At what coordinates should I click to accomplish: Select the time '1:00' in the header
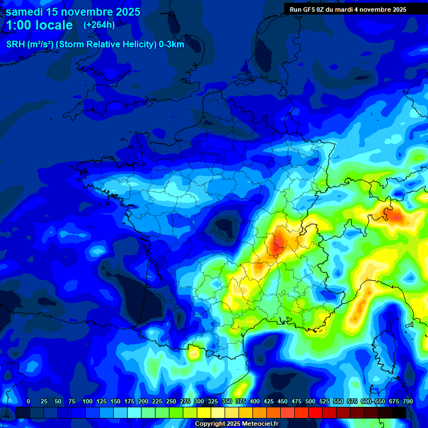(x=20, y=25)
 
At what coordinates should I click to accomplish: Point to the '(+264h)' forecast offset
(x=99, y=25)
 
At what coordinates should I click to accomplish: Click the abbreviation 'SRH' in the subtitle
(x=15, y=45)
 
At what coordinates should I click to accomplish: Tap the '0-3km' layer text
(x=172, y=45)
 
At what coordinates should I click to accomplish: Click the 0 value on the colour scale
(x=28, y=402)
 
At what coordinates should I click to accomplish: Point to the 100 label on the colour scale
(x=87, y=402)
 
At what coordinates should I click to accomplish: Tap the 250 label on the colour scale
(x=171, y=402)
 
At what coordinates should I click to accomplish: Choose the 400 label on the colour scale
(x=255, y=402)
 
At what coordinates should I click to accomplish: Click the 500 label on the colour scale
(x=310, y=402)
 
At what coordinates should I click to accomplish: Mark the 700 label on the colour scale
(x=408, y=402)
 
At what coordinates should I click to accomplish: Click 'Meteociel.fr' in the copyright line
(x=257, y=424)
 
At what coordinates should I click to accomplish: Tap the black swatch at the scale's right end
(x=399, y=412)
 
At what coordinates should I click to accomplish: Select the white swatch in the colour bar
(x=217, y=412)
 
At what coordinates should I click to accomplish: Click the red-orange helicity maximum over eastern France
(x=277, y=244)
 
